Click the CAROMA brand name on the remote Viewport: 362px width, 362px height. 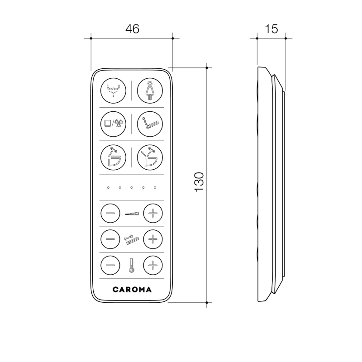tap(132, 289)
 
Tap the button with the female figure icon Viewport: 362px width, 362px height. tap(149, 90)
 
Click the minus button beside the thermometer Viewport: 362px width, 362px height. tap(110, 265)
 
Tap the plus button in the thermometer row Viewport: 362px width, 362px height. tap(153, 265)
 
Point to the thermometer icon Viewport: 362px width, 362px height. tap(131, 266)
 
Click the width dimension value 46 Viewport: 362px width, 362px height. tap(132, 29)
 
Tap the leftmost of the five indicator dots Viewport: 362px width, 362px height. tap(108, 187)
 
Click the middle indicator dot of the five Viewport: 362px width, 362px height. tap(132, 187)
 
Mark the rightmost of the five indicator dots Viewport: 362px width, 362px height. tap(155, 187)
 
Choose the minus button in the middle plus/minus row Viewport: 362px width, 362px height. tap(110, 238)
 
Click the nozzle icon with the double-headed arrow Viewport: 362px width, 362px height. tap(131, 239)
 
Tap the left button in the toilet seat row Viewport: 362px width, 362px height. tap(112, 156)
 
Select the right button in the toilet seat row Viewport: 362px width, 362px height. tap(149, 156)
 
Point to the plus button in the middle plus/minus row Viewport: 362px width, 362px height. tap(153, 238)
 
